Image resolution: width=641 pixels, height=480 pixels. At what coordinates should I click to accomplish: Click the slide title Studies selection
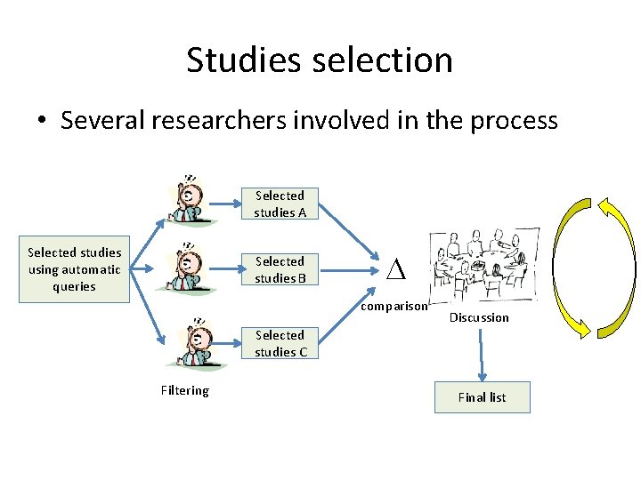[320, 60]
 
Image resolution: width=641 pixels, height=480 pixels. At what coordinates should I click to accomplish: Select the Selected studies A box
[280, 204]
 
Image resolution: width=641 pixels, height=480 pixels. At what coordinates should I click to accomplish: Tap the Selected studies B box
[280, 269]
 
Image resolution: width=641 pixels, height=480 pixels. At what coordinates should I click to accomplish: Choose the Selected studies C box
[280, 343]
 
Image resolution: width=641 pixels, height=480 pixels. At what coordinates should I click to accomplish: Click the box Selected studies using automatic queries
[75, 269]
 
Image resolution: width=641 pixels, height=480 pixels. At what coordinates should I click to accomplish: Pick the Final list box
[482, 397]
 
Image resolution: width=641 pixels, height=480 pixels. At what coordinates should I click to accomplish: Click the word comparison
[394, 307]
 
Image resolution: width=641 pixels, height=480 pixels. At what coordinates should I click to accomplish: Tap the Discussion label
[479, 317]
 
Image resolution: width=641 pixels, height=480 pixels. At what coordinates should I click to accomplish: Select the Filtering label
[185, 390]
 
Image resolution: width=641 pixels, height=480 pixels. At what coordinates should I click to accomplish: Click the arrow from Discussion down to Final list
[482, 356]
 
